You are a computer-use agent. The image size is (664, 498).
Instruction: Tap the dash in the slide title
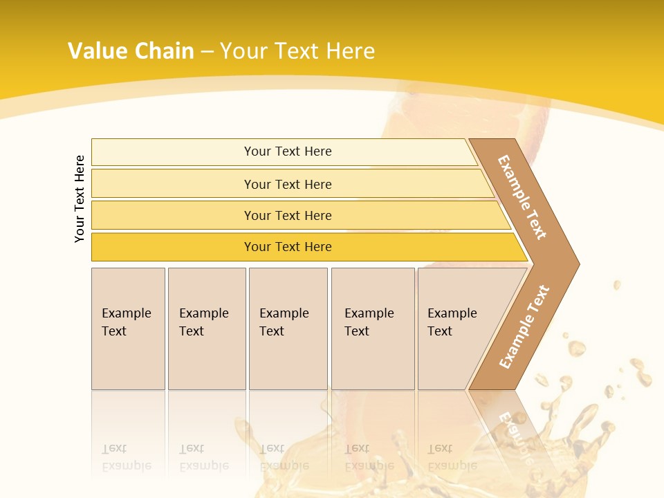(x=207, y=52)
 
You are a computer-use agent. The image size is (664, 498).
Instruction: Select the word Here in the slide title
(x=350, y=51)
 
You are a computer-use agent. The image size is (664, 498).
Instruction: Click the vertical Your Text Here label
(x=80, y=199)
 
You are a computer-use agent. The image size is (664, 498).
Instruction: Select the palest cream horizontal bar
(x=287, y=151)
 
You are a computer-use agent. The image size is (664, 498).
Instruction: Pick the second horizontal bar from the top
(x=287, y=184)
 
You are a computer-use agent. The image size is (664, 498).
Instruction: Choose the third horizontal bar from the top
(x=287, y=215)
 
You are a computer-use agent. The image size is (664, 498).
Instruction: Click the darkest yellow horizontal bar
(x=287, y=247)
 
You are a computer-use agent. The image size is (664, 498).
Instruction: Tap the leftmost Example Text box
(x=128, y=329)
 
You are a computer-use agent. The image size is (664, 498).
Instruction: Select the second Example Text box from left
(x=206, y=329)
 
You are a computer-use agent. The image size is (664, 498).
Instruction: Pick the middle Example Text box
(x=287, y=329)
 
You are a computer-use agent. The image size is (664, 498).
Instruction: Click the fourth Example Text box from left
(x=372, y=329)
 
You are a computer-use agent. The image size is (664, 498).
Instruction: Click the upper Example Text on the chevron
(x=522, y=197)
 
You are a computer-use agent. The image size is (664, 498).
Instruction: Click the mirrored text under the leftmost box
(x=126, y=457)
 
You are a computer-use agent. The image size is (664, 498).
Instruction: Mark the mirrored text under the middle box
(x=284, y=457)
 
